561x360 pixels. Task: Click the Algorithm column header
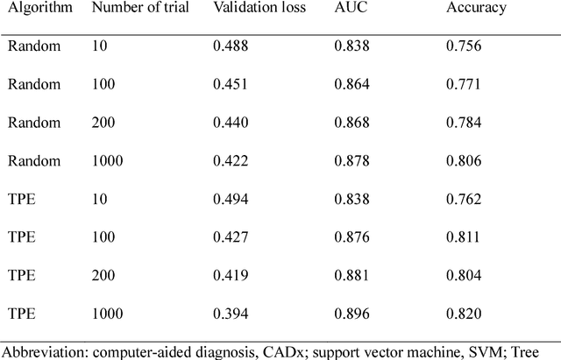(x=34, y=11)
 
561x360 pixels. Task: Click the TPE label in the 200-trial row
(x=21, y=275)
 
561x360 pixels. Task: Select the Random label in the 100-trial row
(x=31, y=83)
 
